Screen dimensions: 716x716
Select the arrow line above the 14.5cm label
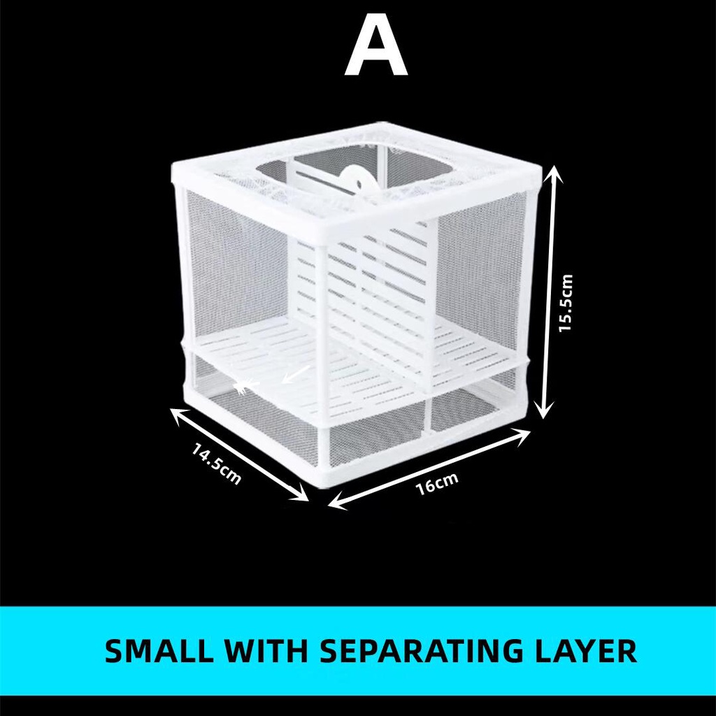(240, 454)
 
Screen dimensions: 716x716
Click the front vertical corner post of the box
(321, 350)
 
